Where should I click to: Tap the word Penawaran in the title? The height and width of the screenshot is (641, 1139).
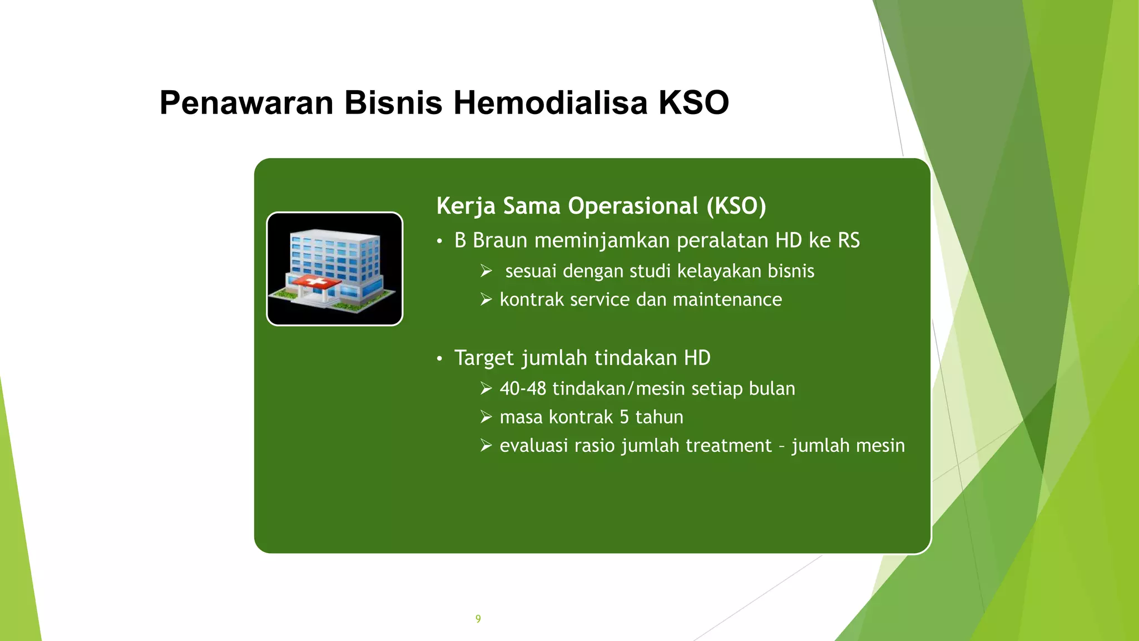click(x=246, y=103)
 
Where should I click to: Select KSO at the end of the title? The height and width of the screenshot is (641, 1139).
click(x=694, y=103)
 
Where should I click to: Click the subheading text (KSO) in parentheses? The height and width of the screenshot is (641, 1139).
click(x=736, y=206)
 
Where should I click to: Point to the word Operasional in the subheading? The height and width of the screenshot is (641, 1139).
click(x=633, y=206)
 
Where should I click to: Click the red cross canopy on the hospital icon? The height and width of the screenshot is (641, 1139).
click(x=316, y=283)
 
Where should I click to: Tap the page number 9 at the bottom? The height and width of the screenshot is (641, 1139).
click(x=478, y=619)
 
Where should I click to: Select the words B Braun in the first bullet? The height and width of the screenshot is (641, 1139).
click(x=491, y=240)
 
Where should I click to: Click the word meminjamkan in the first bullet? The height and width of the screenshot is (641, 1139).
click(x=602, y=240)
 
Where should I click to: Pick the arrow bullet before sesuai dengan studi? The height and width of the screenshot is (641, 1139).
click(x=486, y=271)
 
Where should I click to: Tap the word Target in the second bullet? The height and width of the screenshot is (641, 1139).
click(x=484, y=358)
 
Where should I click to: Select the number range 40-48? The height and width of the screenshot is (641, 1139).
click(x=523, y=388)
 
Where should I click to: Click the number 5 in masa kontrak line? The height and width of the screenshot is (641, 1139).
click(x=624, y=417)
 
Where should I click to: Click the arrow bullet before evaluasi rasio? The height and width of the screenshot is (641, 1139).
click(x=486, y=446)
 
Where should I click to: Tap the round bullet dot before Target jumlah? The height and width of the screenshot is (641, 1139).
click(x=439, y=359)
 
